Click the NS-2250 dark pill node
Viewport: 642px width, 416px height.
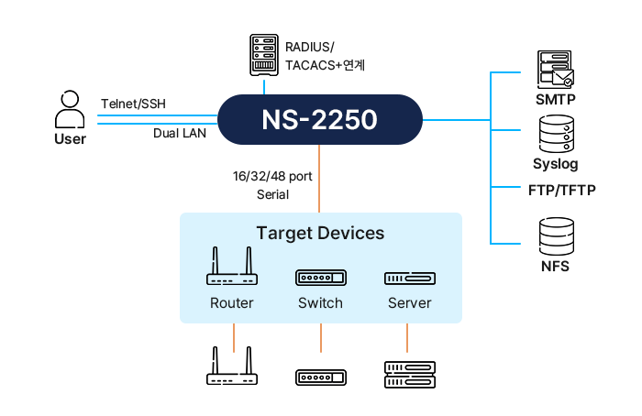coord(319,120)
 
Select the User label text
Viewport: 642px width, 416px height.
coord(70,139)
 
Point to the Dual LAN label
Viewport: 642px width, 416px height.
coord(179,134)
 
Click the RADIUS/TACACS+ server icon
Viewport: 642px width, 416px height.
coord(264,56)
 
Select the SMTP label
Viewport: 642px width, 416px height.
coord(555,98)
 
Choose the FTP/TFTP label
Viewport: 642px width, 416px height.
coord(562,191)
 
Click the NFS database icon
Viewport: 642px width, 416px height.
coord(556,237)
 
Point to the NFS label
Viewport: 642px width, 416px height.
coord(555,267)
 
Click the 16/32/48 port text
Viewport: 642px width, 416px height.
coord(273,175)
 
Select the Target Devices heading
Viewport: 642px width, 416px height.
coord(320,233)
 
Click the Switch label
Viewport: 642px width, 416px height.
coord(320,303)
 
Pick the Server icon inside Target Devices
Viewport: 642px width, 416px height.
coord(409,278)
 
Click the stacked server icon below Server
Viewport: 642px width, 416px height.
coord(409,372)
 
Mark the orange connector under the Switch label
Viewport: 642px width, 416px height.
coord(320,336)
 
